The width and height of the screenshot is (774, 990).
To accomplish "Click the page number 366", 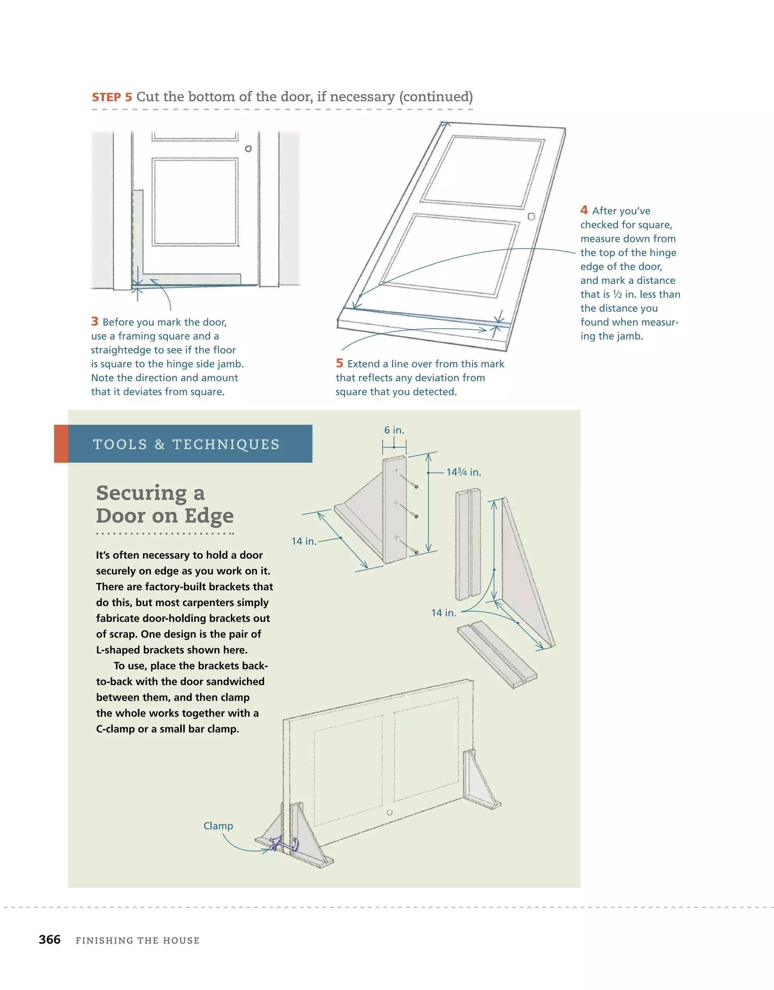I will [x=50, y=940].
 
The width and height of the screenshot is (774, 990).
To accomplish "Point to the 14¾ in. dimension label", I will [x=463, y=472].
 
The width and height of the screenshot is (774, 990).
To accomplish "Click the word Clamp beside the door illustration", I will [x=218, y=826].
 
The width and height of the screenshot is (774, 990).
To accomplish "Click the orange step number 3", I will [x=95, y=322].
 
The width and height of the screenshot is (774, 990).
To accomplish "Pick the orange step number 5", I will [x=339, y=363].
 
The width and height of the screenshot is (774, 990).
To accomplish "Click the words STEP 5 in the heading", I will [x=112, y=97].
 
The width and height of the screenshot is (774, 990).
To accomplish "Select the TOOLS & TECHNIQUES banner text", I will [x=186, y=444].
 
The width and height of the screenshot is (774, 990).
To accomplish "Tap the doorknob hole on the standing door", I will [x=390, y=813].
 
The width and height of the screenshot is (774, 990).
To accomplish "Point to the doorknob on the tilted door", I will [x=531, y=217].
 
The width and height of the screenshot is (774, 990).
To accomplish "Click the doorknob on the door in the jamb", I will [x=248, y=148].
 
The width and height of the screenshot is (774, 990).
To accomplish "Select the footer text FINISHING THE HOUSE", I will [x=138, y=940].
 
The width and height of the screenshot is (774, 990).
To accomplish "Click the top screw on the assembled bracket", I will [x=416, y=486].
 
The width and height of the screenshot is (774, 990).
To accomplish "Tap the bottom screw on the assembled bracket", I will [x=416, y=552].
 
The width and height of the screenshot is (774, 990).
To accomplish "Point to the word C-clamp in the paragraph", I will [x=115, y=729].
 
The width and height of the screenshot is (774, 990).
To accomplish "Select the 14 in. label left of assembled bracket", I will [x=303, y=541].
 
